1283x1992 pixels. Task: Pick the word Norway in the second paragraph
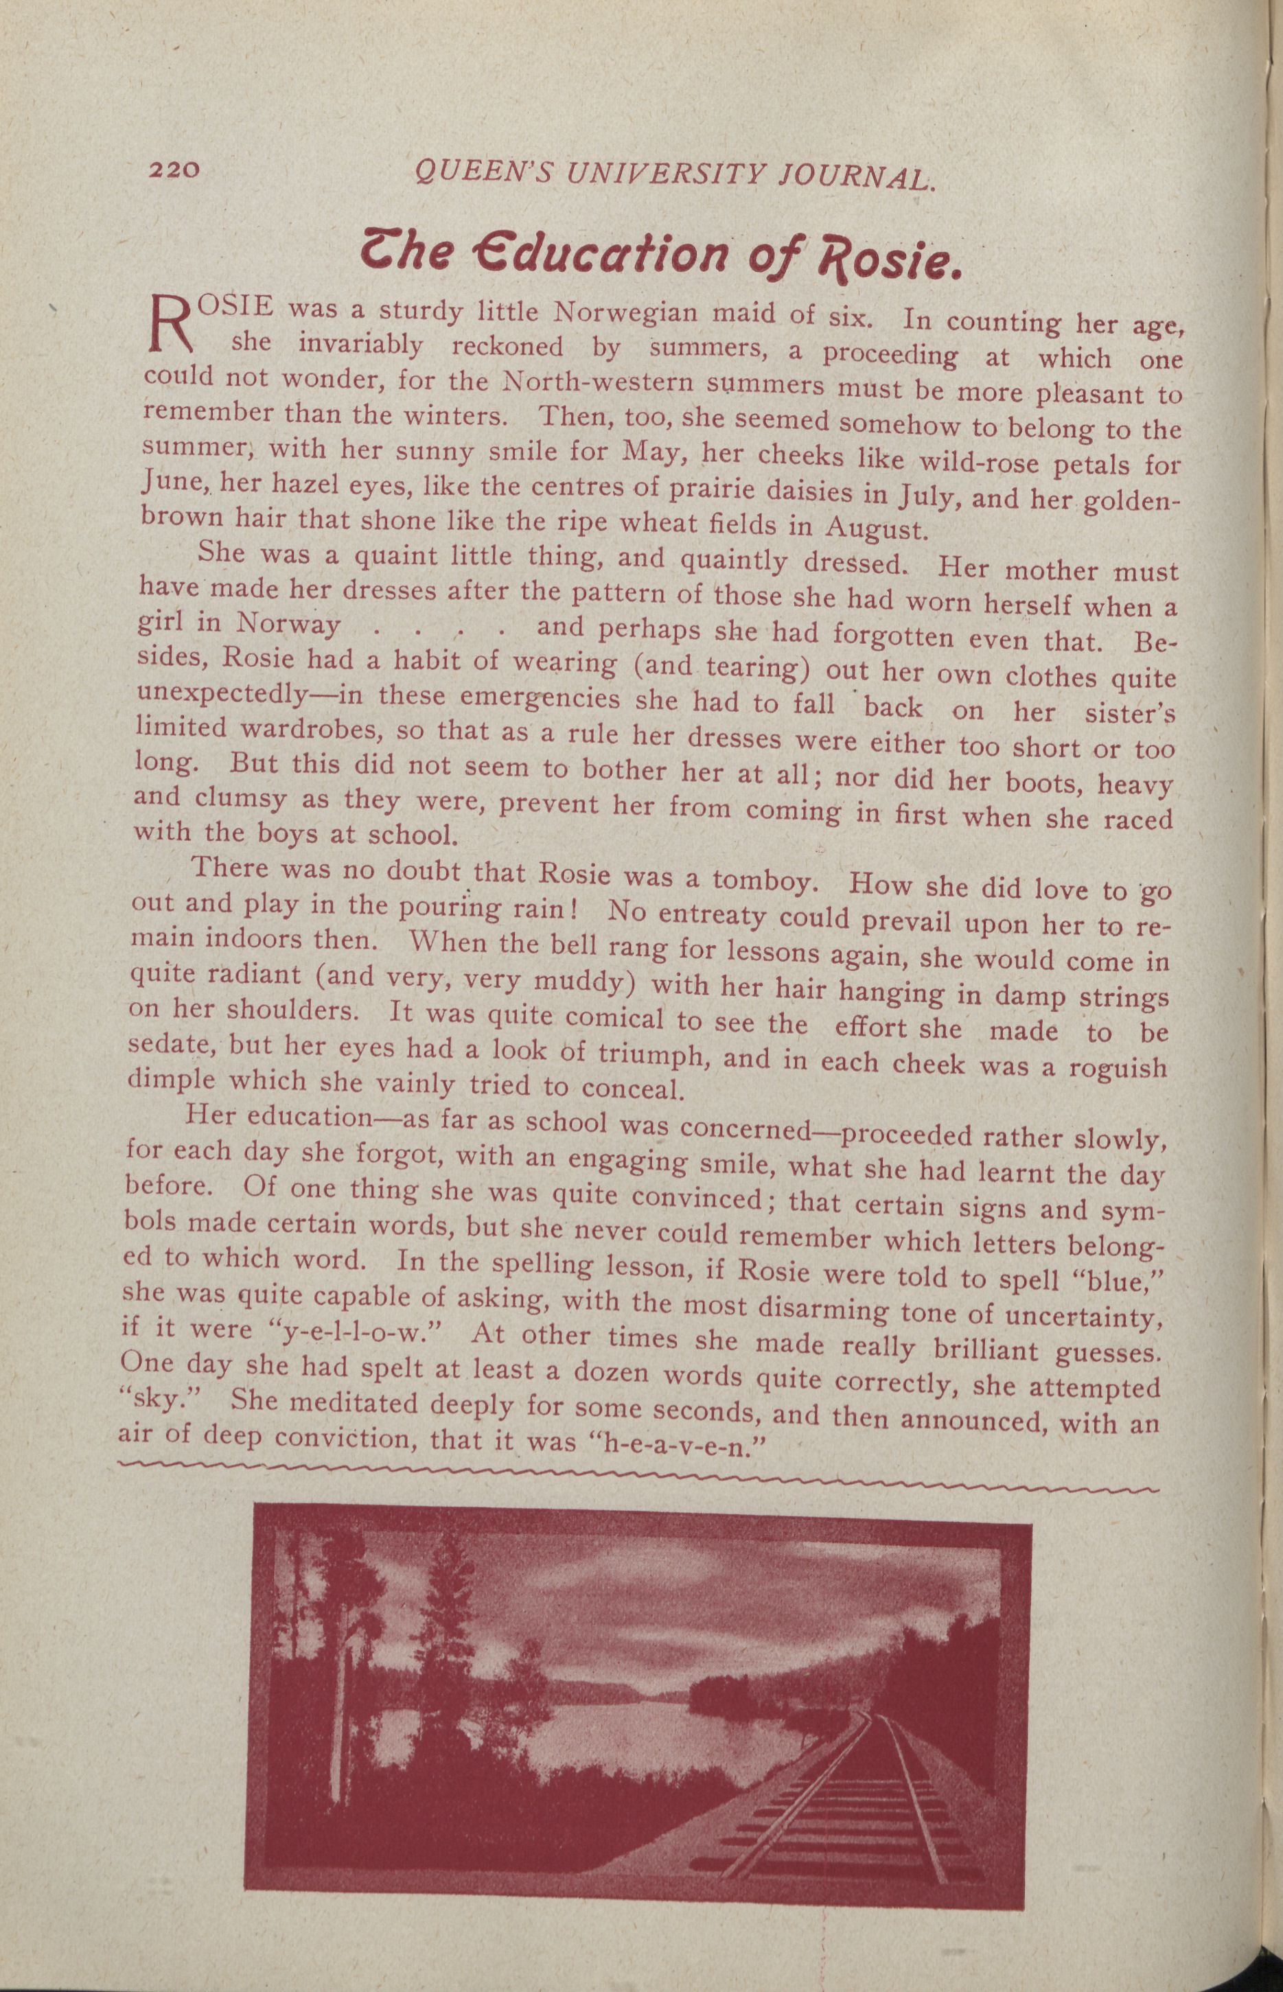click(x=288, y=624)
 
